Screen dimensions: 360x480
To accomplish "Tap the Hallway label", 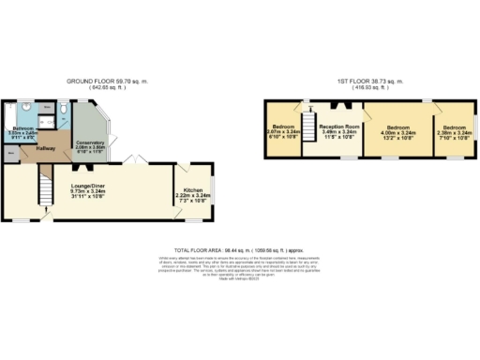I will pyautogui.click(x=46, y=148).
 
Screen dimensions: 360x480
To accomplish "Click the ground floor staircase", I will pyautogui.click(x=42, y=192).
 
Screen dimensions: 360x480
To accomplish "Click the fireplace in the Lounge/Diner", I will pyautogui.click(x=86, y=170).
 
